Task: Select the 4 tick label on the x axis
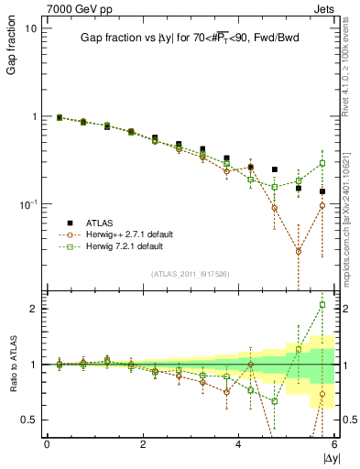point(238,444)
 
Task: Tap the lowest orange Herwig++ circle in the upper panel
point(299,250)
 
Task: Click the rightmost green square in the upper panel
point(322,164)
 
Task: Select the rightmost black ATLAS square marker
point(322,191)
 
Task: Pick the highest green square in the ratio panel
point(322,305)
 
